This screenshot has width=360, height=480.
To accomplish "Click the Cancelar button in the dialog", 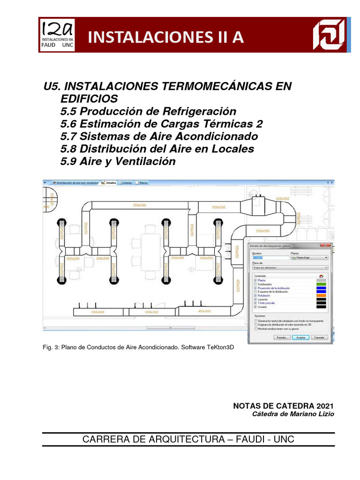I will (x=319, y=337).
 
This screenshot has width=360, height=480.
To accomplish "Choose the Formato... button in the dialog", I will (x=281, y=337).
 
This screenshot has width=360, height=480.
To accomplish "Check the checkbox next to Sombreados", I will (x=255, y=284).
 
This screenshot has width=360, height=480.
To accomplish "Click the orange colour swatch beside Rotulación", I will (x=321, y=295).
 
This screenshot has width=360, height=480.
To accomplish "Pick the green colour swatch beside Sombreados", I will (x=321, y=284).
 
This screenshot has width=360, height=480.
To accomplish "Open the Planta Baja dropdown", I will (x=309, y=257).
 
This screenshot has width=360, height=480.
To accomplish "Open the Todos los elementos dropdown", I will (x=290, y=267).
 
